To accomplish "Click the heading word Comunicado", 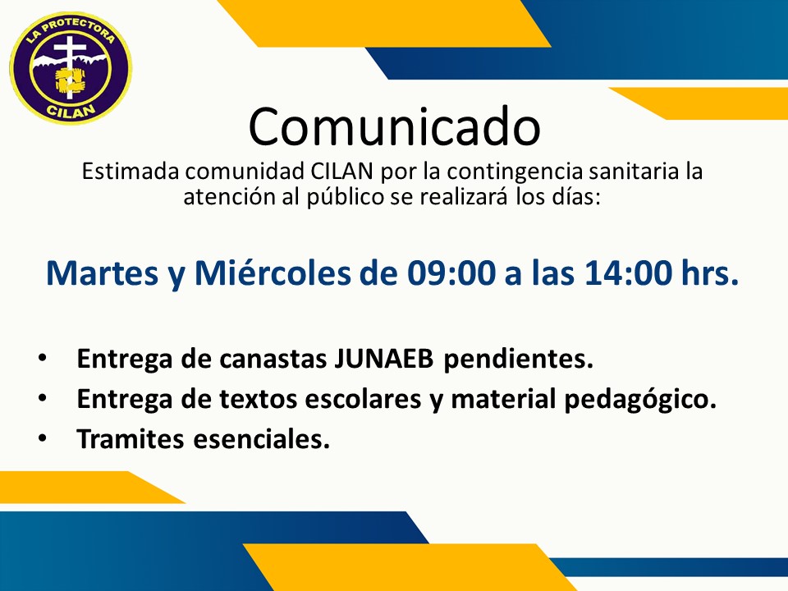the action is point(395,126).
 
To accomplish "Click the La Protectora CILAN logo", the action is point(71,68).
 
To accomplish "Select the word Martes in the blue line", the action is point(103,274).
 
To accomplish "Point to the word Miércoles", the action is point(273,274).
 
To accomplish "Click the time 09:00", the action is point(451,274).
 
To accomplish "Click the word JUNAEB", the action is point(383,359).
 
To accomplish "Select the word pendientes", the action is point(518,360).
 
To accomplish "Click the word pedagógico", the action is point(639,400).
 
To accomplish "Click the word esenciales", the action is point(261,439).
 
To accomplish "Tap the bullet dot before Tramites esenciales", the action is point(42,438).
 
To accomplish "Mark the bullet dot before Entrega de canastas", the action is point(42,359).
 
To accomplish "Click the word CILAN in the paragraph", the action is point(341,172).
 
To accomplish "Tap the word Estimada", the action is point(131,172).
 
